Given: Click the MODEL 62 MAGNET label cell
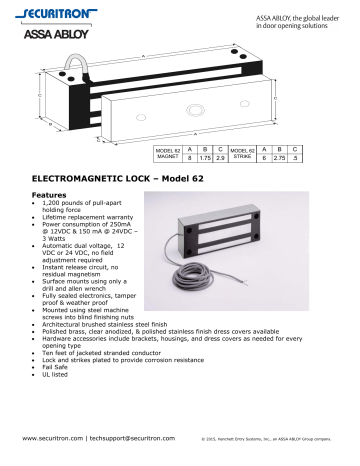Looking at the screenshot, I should [167, 153].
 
